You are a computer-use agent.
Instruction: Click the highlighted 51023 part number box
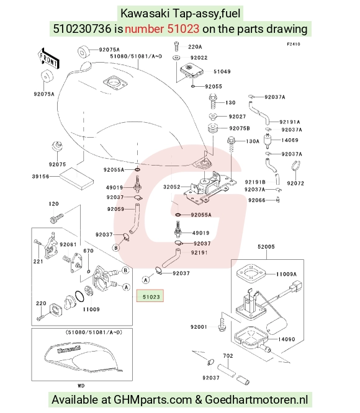(150, 296)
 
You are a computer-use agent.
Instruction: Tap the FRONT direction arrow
(48, 59)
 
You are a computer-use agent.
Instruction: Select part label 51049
(222, 71)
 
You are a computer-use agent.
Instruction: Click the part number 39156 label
(40, 177)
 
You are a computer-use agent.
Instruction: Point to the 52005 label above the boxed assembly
(266, 247)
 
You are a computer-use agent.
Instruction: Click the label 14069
(290, 140)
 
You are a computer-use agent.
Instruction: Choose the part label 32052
(171, 187)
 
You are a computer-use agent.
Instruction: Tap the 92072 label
(295, 183)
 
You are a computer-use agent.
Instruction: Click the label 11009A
(286, 274)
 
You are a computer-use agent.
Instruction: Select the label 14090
(287, 339)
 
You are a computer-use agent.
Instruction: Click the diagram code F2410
(294, 44)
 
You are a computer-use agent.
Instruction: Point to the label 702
(228, 356)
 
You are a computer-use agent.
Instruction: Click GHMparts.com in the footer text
(152, 400)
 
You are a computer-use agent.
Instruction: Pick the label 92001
(199, 327)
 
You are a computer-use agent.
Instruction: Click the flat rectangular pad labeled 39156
(77, 179)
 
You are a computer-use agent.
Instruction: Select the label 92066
(257, 200)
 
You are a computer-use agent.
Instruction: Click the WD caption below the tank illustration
(81, 386)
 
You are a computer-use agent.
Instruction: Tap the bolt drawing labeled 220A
(176, 46)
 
